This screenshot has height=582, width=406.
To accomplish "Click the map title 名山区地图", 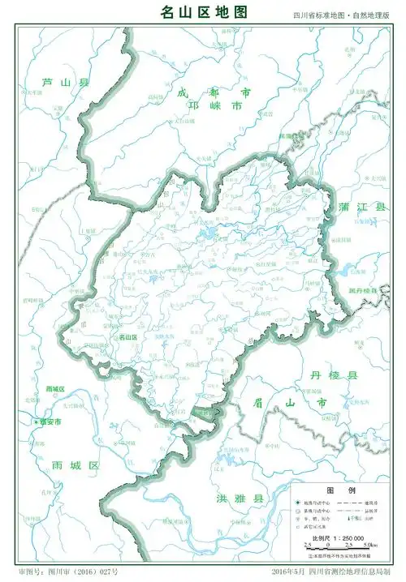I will (x=202, y=11).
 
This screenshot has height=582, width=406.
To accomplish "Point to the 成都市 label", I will (x=214, y=93).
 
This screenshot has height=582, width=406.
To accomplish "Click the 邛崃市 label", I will (x=215, y=106).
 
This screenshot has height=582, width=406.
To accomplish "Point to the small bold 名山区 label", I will (x=128, y=336).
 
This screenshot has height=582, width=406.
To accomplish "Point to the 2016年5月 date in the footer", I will (x=291, y=572).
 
